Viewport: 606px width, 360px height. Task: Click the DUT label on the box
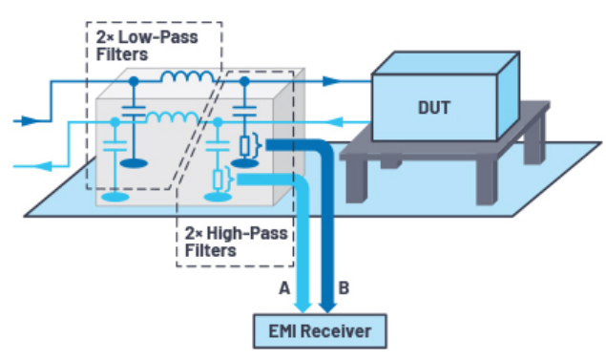tap(434, 108)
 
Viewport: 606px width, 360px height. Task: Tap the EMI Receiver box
tap(320, 331)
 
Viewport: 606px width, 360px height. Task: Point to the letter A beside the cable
tap(284, 288)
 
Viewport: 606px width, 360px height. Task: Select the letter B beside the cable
tap(344, 288)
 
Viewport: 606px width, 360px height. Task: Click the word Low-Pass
tap(158, 37)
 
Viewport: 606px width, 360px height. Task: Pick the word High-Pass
tap(247, 234)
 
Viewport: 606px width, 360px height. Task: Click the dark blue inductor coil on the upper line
tap(187, 76)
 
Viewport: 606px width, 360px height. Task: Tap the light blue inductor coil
tap(173, 117)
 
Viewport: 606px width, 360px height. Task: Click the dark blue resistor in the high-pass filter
tap(244, 146)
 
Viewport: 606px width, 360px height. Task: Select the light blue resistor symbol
tap(218, 180)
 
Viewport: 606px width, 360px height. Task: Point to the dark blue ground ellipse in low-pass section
tap(134, 163)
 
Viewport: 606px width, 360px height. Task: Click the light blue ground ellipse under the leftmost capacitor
tap(115, 197)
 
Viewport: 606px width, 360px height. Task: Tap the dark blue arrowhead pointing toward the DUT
tap(332, 81)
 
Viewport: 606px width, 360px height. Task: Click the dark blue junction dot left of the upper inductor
tap(134, 81)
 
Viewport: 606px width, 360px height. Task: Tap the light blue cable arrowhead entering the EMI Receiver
tap(303, 307)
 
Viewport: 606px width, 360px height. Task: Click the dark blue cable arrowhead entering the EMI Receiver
tap(327, 307)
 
